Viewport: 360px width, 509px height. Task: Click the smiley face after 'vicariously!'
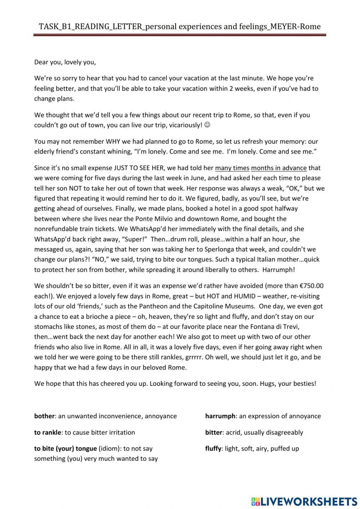coord(207,125)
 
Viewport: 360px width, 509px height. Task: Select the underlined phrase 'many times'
coord(232,168)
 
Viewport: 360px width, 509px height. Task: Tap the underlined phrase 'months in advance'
coord(279,168)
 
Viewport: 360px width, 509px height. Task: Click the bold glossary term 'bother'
coord(44,416)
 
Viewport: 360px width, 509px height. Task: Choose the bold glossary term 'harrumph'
coord(220,416)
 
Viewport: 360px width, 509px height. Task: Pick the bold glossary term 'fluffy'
coord(213,448)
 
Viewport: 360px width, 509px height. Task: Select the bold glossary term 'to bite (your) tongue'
coord(66,448)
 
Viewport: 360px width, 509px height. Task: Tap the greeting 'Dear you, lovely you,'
coord(65,62)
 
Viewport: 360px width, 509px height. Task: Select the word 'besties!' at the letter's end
coord(304,383)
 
